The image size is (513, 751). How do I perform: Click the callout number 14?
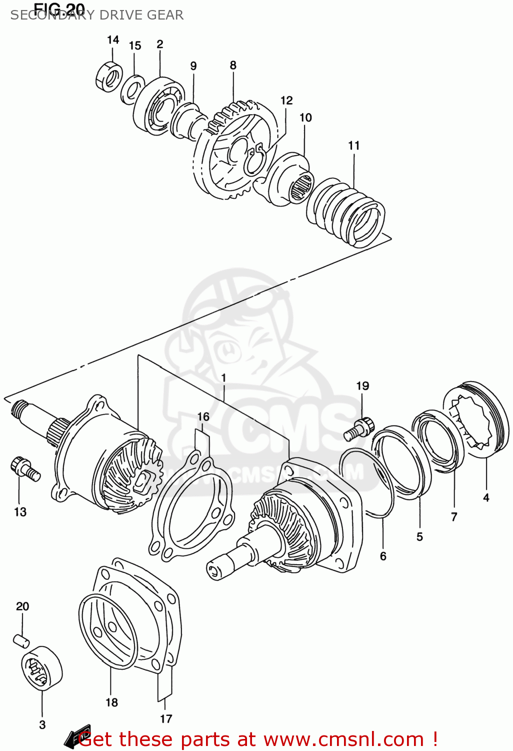coord(113,40)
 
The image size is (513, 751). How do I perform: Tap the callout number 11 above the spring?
coord(354,145)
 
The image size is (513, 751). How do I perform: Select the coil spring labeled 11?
coord(345,212)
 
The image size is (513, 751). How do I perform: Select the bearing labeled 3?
coord(41,668)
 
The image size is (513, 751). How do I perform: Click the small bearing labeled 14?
coord(108,77)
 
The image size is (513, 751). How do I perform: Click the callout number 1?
coord(223,378)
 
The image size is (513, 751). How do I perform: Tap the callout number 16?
coord(203,417)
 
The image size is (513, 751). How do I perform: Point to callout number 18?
coord(111,702)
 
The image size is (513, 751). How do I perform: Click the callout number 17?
coord(166,718)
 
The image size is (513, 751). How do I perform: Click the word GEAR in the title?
coord(165,15)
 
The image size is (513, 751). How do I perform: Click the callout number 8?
coord(233,65)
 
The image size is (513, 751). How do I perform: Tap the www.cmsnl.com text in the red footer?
coord(343,739)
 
